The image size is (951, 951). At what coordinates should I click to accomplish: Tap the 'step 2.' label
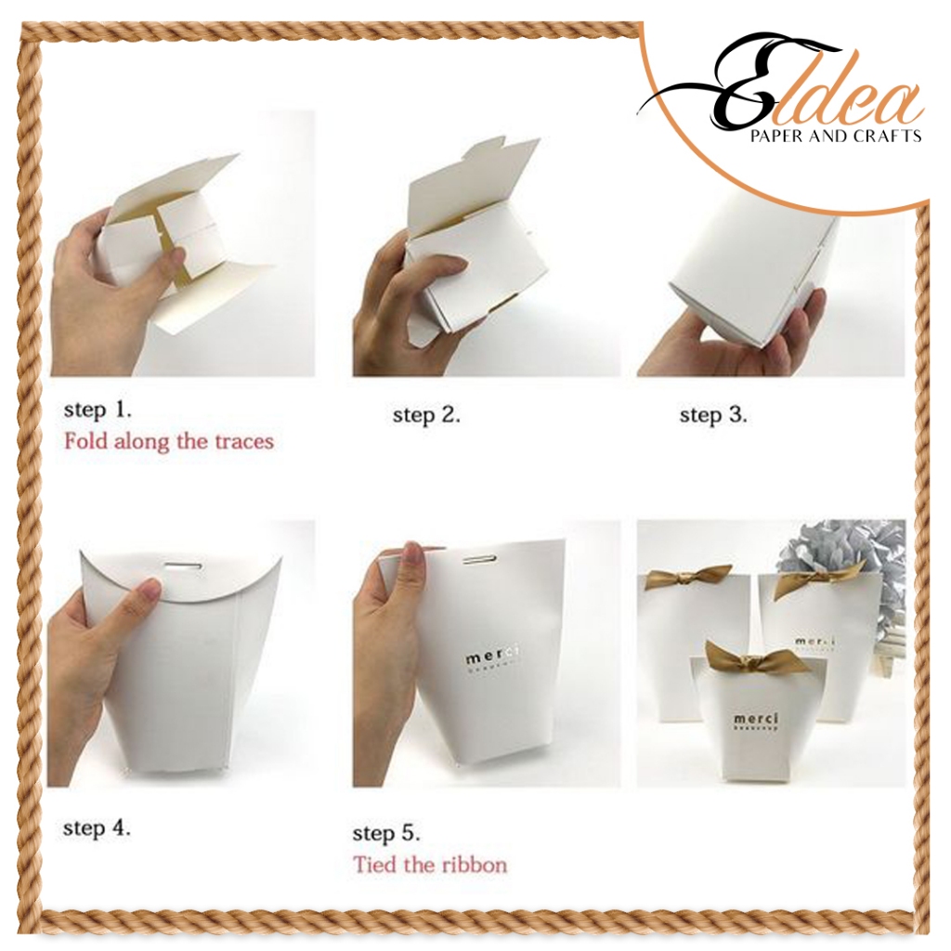[426, 414]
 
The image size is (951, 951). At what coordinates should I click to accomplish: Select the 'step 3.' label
[712, 414]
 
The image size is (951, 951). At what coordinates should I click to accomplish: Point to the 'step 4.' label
[97, 827]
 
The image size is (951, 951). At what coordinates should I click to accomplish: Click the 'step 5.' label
[388, 832]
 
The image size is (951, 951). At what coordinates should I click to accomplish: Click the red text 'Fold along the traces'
[169, 440]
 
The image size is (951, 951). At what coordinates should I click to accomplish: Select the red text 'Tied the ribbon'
[430, 865]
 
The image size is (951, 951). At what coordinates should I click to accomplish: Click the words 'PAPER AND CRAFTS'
[835, 136]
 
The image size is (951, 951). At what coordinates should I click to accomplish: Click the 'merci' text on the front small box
[757, 719]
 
